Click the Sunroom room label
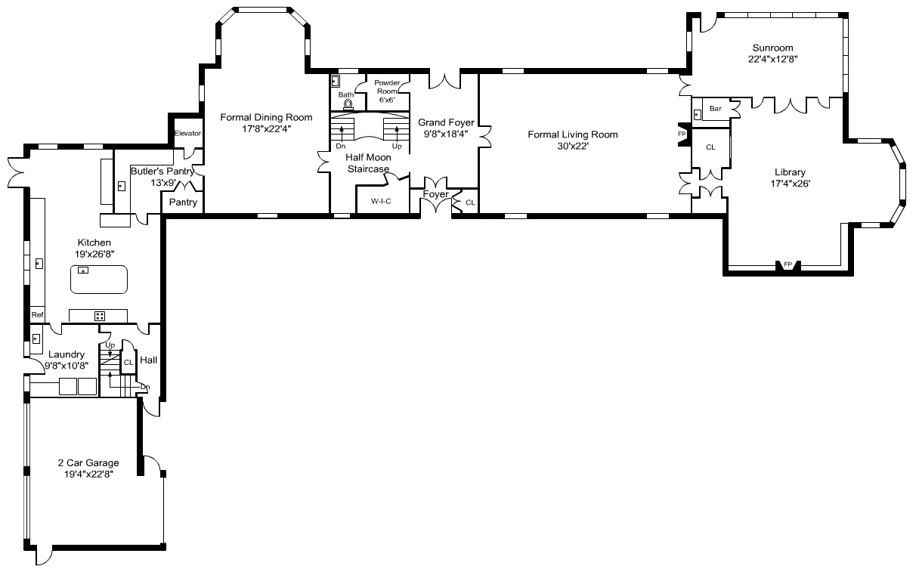[772, 48]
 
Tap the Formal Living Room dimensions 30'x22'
[573, 146]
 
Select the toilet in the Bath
[348, 104]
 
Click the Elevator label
[187, 133]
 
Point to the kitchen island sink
[83, 271]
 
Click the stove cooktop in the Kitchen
[100, 316]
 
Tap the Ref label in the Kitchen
[37, 315]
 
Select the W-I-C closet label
[381, 201]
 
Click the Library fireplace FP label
[787, 264]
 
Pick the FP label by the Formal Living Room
[682, 134]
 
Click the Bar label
[716, 108]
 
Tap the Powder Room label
[387, 87]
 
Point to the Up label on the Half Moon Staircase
[397, 146]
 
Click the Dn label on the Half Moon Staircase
[341, 146]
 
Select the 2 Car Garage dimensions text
[88, 475]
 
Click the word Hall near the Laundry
[149, 360]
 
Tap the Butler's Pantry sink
[122, 187]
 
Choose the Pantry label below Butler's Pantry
[183, 202]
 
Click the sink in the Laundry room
[36, 339]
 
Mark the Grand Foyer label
[446, 122]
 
